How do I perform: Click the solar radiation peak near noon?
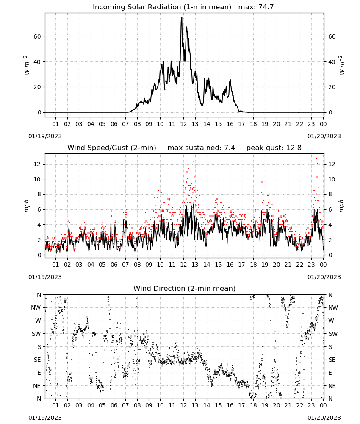click(x=182, y=18)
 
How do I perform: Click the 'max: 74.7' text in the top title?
click(x=256, y=7)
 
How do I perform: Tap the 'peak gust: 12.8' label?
click(x=274, y=148)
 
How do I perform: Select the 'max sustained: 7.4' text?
click(x=201, y=148)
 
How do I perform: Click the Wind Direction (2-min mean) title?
click(x=185, y=288)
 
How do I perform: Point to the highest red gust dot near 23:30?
click(x=316, y=159)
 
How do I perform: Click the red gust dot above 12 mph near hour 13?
click(x=194, y=162)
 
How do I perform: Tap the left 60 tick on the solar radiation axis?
click(x=37, y=36)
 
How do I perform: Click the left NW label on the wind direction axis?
click(x=36, y=308)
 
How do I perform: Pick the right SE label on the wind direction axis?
click(x=332, y=360)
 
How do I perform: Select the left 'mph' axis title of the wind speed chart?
click(x=26, y=206)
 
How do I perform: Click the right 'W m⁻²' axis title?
click(x=342, y=65)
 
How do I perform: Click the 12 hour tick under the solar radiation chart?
click(x=183, y=124)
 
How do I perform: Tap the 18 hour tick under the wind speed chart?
click(x=253, y=265)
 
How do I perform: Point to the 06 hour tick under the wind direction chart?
click(x=114, y=406)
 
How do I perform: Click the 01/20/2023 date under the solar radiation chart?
click(x=324, y=136)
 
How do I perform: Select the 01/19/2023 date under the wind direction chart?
click(x=45, y=418)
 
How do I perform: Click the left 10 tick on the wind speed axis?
click(x=37, y=179)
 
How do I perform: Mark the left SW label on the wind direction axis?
click(x=36, y=334)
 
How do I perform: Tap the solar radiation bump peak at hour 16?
click(x=230, y=80)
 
